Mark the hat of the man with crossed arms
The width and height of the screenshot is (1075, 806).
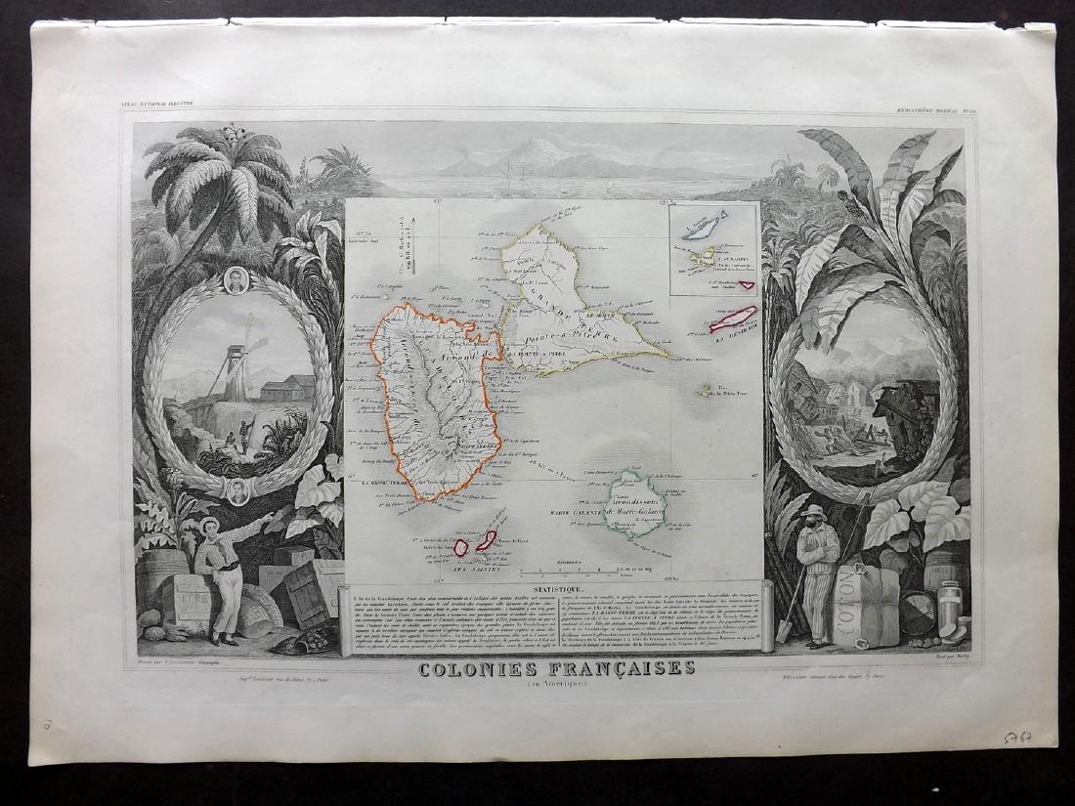pyautogui.click(x=813, y=511)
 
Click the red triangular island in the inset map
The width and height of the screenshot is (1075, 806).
pyautogui.click(x=749, y=285)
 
